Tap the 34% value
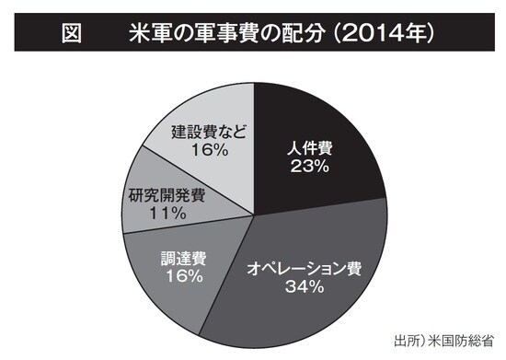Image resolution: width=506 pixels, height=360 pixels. pos(303,288)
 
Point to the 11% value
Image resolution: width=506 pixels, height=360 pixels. pos(167,214)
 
